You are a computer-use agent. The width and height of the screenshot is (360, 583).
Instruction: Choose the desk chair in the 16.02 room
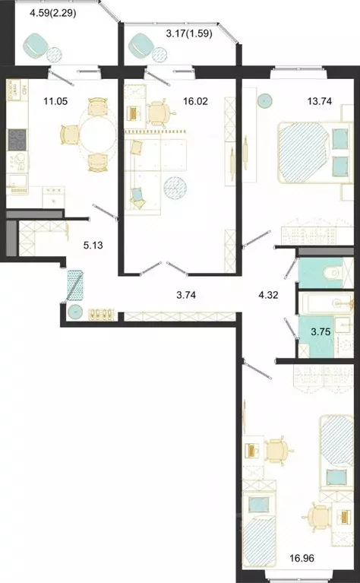158,112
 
